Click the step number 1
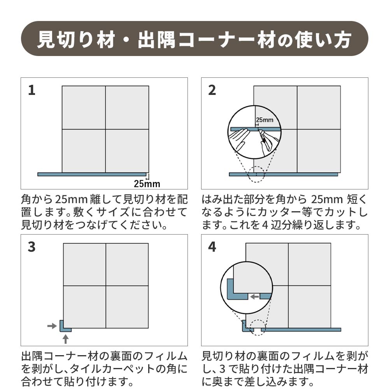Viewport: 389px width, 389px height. (32, 90)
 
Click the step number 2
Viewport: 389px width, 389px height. (212, 90)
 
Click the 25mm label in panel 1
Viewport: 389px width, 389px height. (147, 184)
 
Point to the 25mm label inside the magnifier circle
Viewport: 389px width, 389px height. (265, 120)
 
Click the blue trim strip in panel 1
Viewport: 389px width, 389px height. (92, 174)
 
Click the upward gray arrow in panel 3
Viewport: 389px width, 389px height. (65, 339)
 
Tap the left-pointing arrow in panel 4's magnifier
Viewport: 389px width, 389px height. (254, 297)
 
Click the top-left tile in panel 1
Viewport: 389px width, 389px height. (84, 107)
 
